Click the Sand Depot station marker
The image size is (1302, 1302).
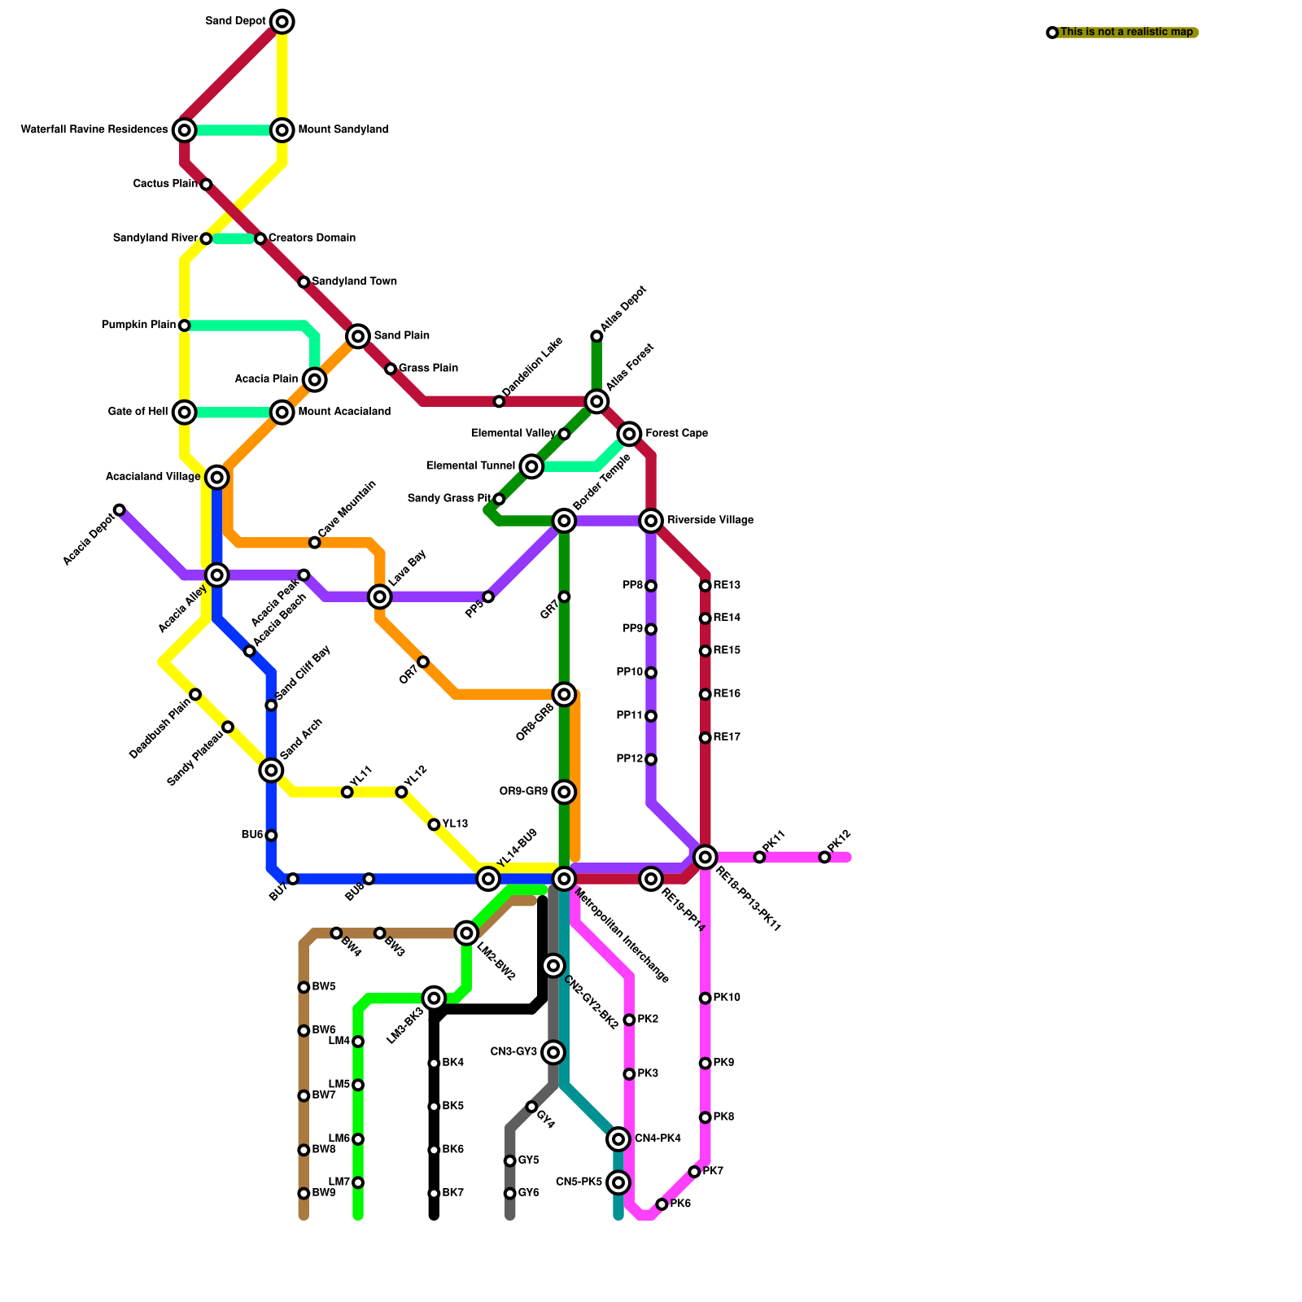[282, 22]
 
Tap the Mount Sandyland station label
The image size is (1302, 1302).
[343, 130]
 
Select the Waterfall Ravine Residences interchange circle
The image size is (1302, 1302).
[185, 130]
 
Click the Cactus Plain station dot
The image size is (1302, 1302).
[206, 185]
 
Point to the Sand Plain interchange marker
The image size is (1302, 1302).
[358, 336]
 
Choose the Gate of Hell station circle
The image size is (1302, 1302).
[185, 413]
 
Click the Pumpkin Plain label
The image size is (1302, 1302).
[138, 325]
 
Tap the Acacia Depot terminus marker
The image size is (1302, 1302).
[120, 510]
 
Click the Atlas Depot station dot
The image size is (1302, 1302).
[596, 336]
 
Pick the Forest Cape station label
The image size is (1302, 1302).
[676, 434]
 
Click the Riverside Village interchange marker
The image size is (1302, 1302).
[651, 521]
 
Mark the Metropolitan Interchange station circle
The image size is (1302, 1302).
[564, 879]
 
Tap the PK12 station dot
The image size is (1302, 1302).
[824, 858]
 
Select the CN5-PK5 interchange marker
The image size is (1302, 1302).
[618, 1182]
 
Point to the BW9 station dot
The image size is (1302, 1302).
[304, 1194]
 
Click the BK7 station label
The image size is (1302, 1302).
[453, 1194]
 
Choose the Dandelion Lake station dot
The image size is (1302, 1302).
[499, 402]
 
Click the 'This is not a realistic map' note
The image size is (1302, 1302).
[1126, 33]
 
